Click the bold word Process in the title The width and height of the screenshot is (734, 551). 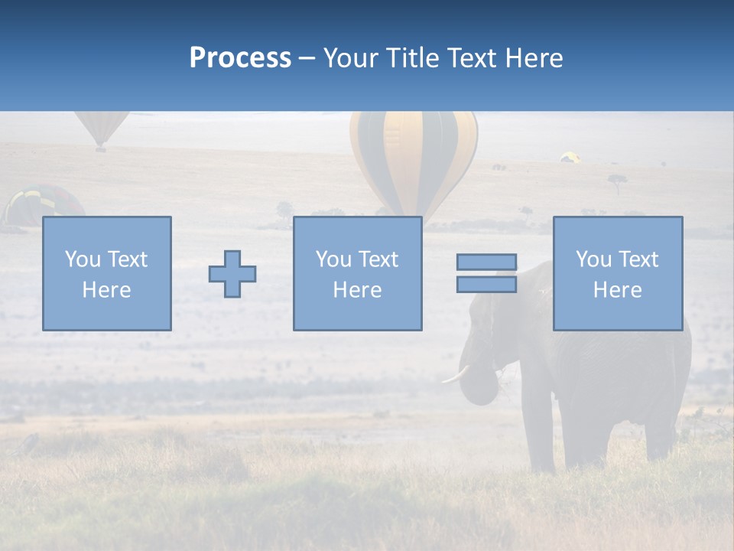click(240, 58)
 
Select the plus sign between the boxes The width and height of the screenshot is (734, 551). click(232, 274)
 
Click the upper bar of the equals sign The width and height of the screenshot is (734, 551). click(486, 262)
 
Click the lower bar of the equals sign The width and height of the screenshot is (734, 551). click(486, 284)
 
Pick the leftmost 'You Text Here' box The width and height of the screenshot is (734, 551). click(106, 273)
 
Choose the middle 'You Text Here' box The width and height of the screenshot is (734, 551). click(357, 273)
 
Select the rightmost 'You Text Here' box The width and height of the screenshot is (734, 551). click(617, 273)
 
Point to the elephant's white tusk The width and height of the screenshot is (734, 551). click(456, 374)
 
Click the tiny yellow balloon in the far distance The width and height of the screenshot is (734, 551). click(570, 157)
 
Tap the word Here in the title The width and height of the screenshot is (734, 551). click(532, 58)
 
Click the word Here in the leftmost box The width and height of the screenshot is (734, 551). click(106, 290)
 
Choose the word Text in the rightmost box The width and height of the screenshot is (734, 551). click(639, 259)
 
